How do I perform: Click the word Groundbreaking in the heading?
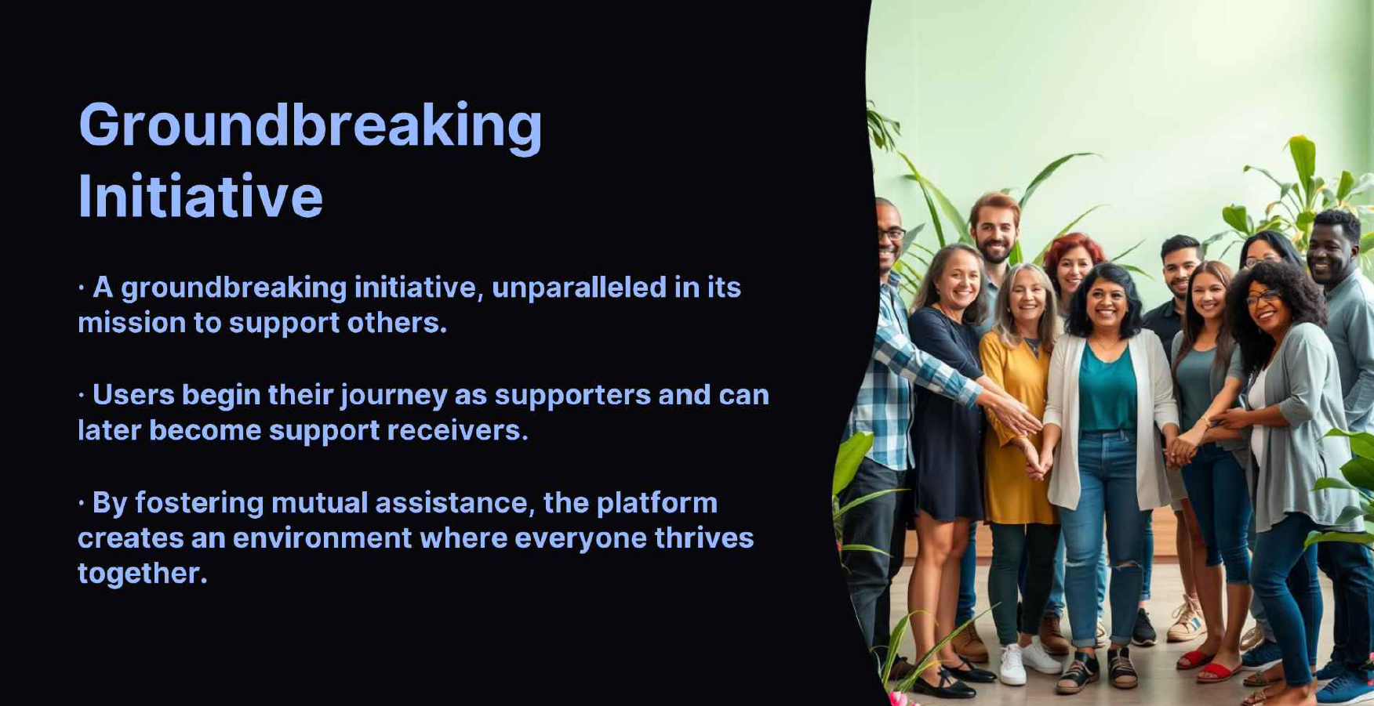click(311, 126)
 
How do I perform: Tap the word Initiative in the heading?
click(201, 196)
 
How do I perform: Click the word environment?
click(322, 538)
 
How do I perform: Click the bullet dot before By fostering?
click(82, 503)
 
